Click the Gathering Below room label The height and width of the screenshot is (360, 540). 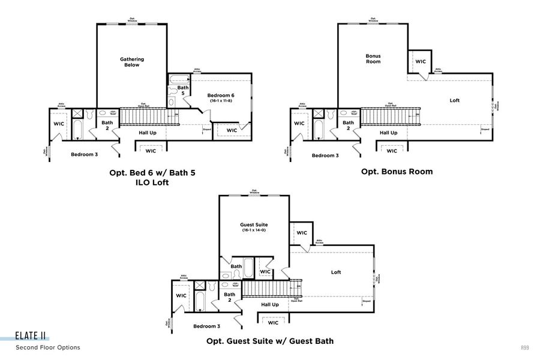click(x=132, y=62)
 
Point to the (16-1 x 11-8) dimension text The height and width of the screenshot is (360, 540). click(x=221, y=101)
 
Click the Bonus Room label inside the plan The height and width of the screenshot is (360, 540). click(x=373, y=59)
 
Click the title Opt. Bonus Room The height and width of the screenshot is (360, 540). click(x=397, y=172)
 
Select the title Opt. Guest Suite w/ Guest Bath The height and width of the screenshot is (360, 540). click(x=270, y=341)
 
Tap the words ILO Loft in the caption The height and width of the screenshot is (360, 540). click(x=152, y=182)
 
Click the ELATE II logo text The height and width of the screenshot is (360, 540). click(x=32, y=337)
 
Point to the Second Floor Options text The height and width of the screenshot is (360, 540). click(x=48, y=347)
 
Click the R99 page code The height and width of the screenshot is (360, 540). click(x=524, y=347)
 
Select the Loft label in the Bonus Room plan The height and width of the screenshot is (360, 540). click(x=455, y=100)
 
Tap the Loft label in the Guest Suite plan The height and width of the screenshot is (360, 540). click(x=336, y=272)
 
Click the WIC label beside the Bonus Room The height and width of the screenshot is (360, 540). click(x=421, y=61)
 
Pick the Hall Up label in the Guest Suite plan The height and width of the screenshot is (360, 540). click(x=270, y=305)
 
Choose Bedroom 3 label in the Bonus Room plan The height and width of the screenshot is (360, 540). click(x=325, y=155)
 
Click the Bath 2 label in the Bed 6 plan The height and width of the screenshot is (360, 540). click(x=107, y=125)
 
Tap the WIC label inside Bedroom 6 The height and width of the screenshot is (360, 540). click(x=232, y=130)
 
